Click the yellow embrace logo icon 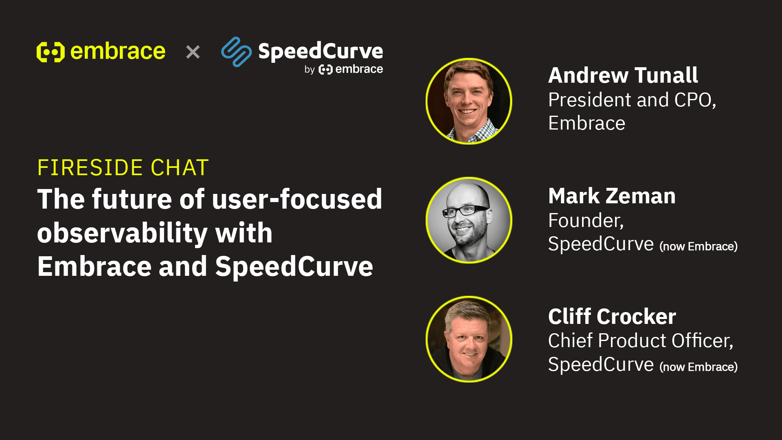(x=51, y=52)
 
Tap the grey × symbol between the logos (x=193, y=52)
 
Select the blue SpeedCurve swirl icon (x=236, y=52)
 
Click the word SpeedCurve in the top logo (x=321, y=51)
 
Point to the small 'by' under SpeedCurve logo (x=310, y=70)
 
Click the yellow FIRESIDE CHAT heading (x=123, y=167)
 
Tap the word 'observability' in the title (x=123, y=233)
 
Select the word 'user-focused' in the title (x=297, y=199)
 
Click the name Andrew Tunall (x=623, y=75)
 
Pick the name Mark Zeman (x=612, y=196)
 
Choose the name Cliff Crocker (x=612, y=317)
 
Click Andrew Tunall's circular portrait (x=469, y=101)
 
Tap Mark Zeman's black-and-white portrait (x=469, y=220)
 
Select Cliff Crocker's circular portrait (x=469, y=339)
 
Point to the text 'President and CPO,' (x=632, y=100)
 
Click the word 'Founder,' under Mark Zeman (x=586, y=220)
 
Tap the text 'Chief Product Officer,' (x=641, y=341)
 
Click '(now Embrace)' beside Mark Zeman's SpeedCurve (x=699, y=246)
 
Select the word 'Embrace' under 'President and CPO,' (x=586, y=123)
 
